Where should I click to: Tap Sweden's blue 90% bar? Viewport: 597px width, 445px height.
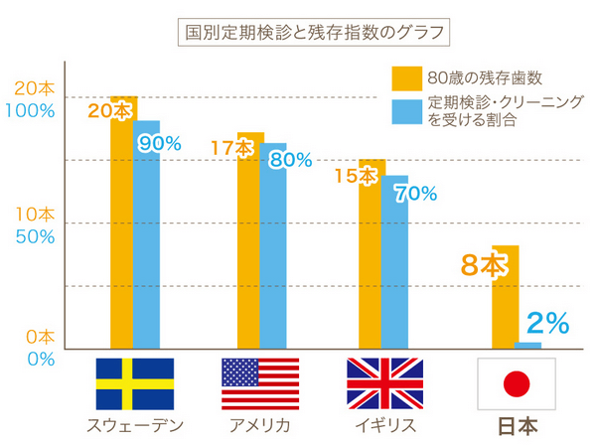click(147, 248)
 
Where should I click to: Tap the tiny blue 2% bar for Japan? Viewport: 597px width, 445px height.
click(528, 346)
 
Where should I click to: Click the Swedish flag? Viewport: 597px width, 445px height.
click(135, 384)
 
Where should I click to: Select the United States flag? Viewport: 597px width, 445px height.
click(260, 384)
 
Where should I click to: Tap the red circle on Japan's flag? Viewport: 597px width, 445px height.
click(516, 384)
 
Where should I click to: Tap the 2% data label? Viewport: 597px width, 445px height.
click(547, 322)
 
